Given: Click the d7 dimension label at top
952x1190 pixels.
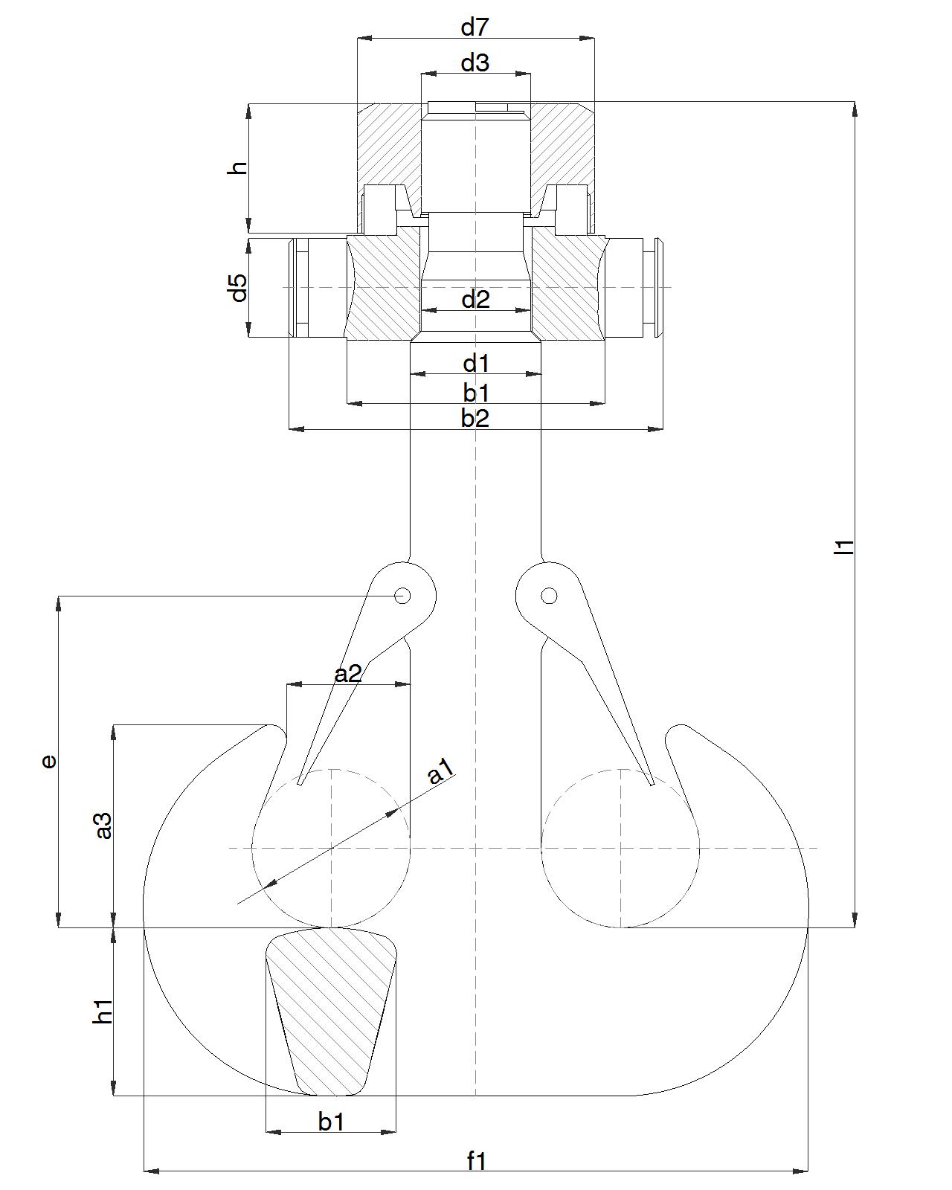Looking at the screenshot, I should pyautogui.click(x=475, y=28).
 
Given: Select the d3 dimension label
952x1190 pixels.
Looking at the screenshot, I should pyautogui.click(x=475, y=63).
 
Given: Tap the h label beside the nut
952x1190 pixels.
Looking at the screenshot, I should pyautogui.click(x=238, y=167).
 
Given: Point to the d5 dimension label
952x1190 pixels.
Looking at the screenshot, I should pyautogui.click(x=238, y=288).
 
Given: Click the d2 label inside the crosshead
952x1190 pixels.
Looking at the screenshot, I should pyautogui.click(x=475, y=300).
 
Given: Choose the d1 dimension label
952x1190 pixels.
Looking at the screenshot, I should pyautogui.click(x=475, y=364).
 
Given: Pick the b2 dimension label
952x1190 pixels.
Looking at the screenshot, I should pyautogui.click(x=475, y=418).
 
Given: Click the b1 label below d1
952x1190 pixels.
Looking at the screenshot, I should pyautogui.click(x=475, y=392).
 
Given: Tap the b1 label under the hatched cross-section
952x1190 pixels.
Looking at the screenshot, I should pyautogui.click(x=331, y=1121).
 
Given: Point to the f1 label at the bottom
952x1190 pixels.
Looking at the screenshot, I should pyautogui.click(x=476, y=1160).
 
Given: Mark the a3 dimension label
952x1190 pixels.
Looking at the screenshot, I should pyautogui.click(x=103, y=826).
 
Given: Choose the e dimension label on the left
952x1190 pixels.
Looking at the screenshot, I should pyautogui.click(x=48, y=761).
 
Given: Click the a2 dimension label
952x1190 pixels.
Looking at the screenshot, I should pyautogui.click(x=347, y=674).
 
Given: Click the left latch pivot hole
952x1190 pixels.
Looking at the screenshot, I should pyautogui.click(x=402, y=596).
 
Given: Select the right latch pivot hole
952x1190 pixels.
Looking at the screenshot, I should pyautogui.click(x=549, y=596).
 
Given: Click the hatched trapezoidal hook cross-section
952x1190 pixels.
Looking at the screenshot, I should pyautogui.click(x=331, y=1011).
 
